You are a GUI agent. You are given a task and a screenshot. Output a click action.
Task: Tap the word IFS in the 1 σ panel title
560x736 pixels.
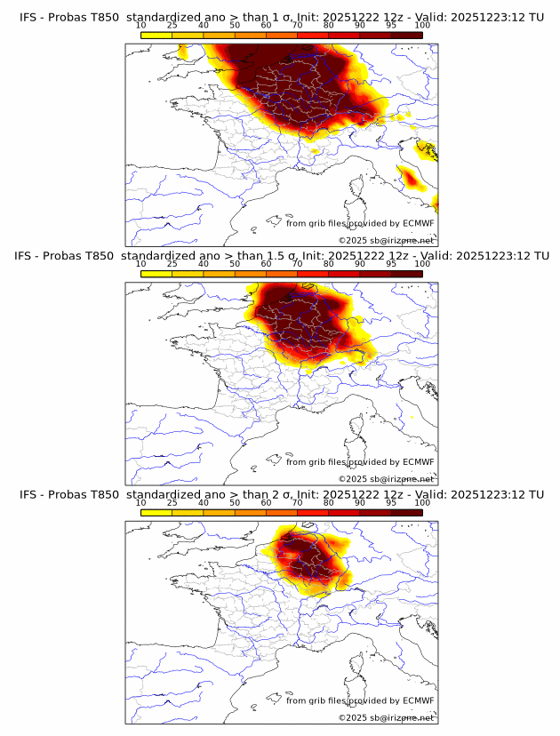point(28,17)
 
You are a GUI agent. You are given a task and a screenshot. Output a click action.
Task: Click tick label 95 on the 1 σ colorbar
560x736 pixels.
point(391,25)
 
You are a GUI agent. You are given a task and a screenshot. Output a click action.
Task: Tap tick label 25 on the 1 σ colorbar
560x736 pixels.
point(172,25)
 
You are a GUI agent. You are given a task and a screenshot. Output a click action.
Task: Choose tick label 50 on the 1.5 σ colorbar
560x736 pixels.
point(235,264)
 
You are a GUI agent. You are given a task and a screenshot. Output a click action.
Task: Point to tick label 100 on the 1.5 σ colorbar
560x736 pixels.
point(422,264)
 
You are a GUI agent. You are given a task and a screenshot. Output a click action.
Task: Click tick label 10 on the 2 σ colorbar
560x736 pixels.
point(141,503)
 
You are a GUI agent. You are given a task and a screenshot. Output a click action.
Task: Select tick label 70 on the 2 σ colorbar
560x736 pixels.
point(298,503)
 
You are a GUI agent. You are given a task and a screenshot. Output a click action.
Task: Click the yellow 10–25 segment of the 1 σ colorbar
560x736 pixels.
point(156,35)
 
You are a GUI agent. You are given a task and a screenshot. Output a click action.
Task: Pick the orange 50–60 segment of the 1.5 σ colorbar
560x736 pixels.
point(251,274)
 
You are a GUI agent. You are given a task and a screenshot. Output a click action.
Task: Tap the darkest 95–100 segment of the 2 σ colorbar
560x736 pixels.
point(407,513)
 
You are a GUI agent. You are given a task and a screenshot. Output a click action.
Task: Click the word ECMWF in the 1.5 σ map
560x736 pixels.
point(418,462)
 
